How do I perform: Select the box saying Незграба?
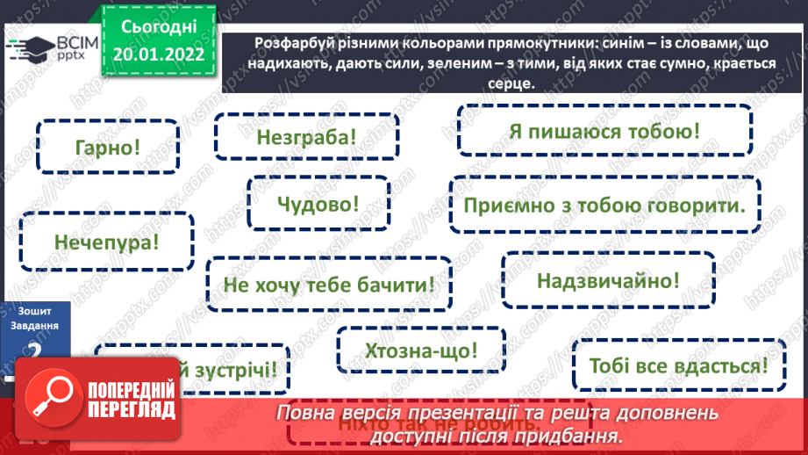(x=307, y=138)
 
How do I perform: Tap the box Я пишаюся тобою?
(x=604, y=132)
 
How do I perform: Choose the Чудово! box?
(x=318, y=203)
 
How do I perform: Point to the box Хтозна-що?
(x=421, y=350)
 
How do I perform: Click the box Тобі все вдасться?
(x=678, y=364)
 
